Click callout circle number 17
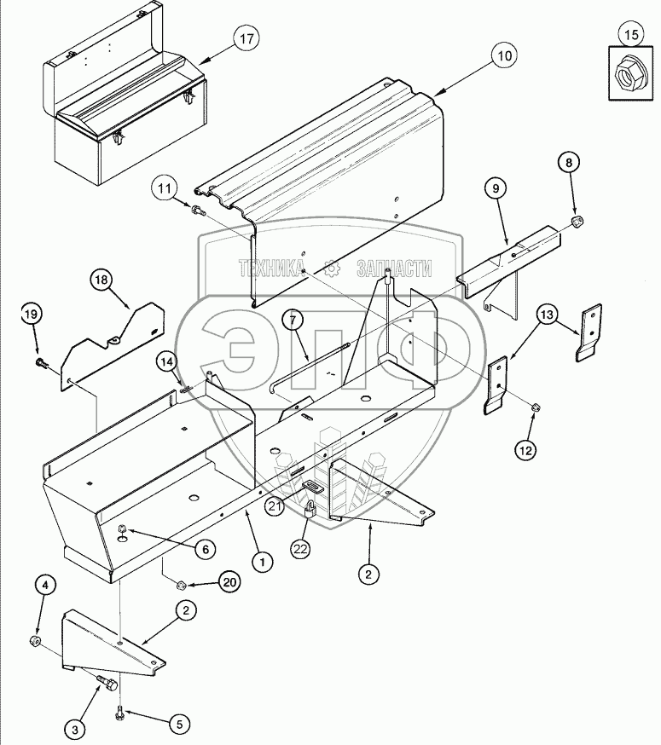point(246,39)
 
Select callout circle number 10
point(503,56)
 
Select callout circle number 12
point(526,448)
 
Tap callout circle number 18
point(101,280)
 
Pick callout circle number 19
point(31,315)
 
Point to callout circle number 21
point(274,506)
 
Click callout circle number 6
point(204,549)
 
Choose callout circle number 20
point(229,583)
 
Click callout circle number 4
point(46,585)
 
